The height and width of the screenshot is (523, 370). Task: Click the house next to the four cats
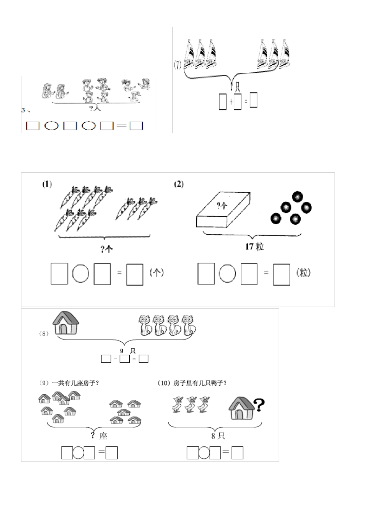(66, 323)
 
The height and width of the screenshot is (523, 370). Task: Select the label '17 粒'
(254, 247)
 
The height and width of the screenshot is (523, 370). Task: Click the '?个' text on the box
(222, 205)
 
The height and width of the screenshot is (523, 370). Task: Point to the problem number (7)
(178, 65)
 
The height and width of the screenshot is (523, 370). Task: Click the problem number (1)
(47, 184)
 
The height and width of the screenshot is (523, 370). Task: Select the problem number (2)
(179, 184)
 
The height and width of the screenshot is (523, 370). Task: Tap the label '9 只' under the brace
(125, 351)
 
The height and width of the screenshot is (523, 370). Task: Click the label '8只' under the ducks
(218, 436)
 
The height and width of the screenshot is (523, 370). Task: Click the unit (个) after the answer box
(157, 273)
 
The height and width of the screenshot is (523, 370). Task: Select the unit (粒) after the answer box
(304, 273)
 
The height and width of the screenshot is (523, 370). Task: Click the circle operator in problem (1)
(81, 274)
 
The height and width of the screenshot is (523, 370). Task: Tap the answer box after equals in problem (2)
(282, 274)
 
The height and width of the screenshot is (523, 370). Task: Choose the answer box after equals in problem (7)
(253, 100)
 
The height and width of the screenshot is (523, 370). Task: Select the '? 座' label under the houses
(99, 436)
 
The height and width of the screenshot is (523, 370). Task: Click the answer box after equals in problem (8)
(143, 359)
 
